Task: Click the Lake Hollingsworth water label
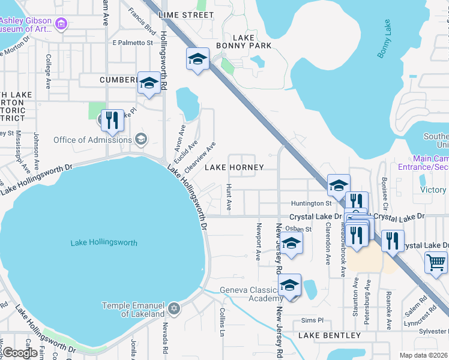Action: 104,243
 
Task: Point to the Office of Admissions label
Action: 92,140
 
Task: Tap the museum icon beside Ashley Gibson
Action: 61,24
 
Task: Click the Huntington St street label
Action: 312,203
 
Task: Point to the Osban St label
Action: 300,229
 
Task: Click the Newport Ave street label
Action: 259,242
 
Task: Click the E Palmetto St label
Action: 133,43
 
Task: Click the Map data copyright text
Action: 423,355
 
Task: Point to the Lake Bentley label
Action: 329,335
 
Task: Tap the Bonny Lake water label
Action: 385,39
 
